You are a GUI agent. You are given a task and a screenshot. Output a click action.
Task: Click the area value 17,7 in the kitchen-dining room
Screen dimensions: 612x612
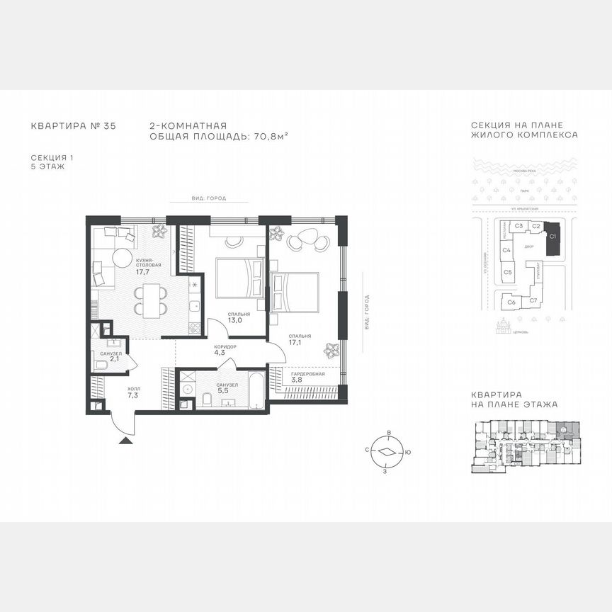pos(142,271)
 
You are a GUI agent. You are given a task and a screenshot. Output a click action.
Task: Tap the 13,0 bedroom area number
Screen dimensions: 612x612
pos(234,320)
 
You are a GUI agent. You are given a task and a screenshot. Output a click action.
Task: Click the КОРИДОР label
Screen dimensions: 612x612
pos(225,346)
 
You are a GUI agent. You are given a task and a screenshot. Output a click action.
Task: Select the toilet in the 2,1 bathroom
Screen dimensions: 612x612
pos(101,365)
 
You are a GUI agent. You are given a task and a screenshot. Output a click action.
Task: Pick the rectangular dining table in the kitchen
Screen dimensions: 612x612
pos(152,300)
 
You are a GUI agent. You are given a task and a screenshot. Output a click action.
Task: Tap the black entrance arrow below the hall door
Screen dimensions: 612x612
pos(125,441)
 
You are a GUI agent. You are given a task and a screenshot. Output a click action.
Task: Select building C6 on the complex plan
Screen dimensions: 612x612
pos(511,302)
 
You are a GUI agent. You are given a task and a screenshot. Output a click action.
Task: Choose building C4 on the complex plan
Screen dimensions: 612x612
pos(506,250)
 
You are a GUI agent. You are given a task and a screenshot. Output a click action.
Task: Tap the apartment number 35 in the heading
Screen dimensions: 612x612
pos(109,126)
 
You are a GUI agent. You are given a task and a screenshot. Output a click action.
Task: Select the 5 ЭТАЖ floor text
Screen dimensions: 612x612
pos(48,167)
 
